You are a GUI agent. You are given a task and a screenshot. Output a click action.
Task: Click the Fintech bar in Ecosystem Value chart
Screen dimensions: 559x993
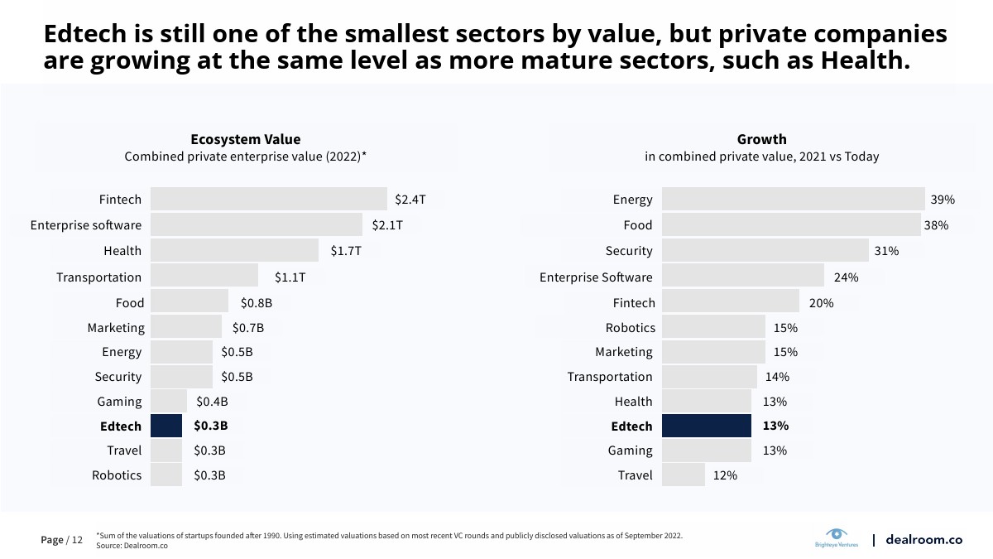(269, 200)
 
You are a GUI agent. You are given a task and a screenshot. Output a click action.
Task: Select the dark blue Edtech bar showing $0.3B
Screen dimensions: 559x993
(166, 426)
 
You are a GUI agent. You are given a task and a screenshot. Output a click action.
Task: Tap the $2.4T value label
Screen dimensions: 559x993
(410, 200)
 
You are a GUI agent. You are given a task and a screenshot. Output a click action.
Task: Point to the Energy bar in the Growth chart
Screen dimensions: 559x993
(793, 200)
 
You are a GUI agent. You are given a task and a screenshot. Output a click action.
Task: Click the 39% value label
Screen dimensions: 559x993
(943, 200)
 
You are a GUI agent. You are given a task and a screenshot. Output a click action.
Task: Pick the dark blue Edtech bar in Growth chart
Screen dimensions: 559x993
(707, 426)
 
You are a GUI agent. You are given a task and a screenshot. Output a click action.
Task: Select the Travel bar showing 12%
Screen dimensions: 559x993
(684, 475)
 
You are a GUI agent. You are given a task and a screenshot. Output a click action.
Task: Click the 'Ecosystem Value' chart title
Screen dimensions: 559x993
(246, 139)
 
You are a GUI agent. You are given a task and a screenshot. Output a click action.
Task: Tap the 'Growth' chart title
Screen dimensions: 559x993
(762, 139)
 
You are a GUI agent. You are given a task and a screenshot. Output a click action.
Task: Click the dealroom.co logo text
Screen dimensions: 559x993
(923, 539)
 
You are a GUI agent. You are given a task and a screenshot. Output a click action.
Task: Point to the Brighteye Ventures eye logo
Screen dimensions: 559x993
(837, 534)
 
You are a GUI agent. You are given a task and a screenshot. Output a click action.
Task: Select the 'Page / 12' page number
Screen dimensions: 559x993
(62, 540)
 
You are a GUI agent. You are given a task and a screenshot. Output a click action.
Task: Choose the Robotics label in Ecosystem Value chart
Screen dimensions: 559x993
(117, 475)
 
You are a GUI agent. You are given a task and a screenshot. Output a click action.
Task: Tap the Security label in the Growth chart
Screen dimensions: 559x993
(629, 251)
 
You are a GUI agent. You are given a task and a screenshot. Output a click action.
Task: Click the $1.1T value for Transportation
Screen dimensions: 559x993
(290, 277)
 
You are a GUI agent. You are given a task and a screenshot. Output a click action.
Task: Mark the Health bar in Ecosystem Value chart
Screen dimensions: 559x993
(234, 251)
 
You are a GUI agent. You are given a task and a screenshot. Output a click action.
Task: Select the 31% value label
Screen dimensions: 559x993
(886, 251)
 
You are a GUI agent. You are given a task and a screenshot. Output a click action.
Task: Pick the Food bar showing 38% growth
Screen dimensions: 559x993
(791, 225)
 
